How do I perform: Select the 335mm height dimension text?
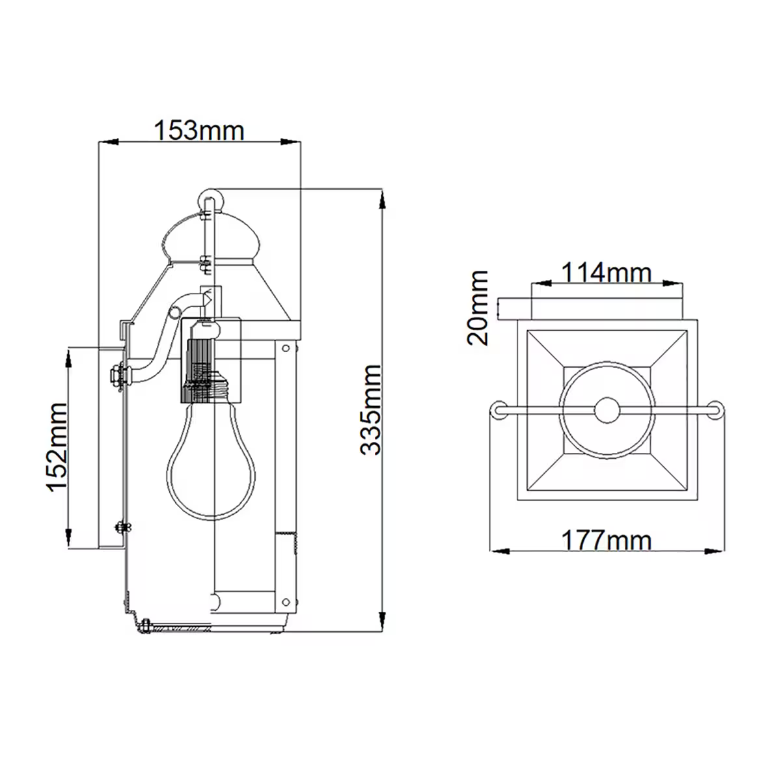371,409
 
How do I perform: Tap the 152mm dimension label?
57,448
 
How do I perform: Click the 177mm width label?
606,540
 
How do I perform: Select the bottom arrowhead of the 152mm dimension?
68,539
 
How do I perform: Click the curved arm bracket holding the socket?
163,345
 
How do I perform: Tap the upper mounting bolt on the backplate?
117,376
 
